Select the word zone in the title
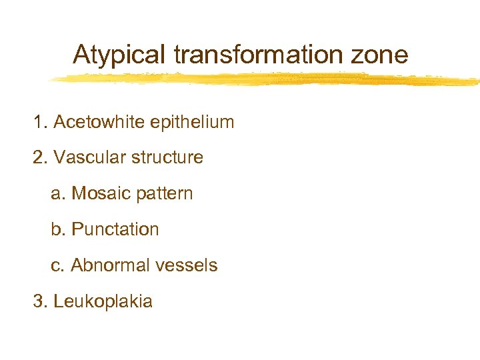pos(383,55)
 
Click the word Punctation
pos(115,229)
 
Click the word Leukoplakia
pos(103,301)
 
